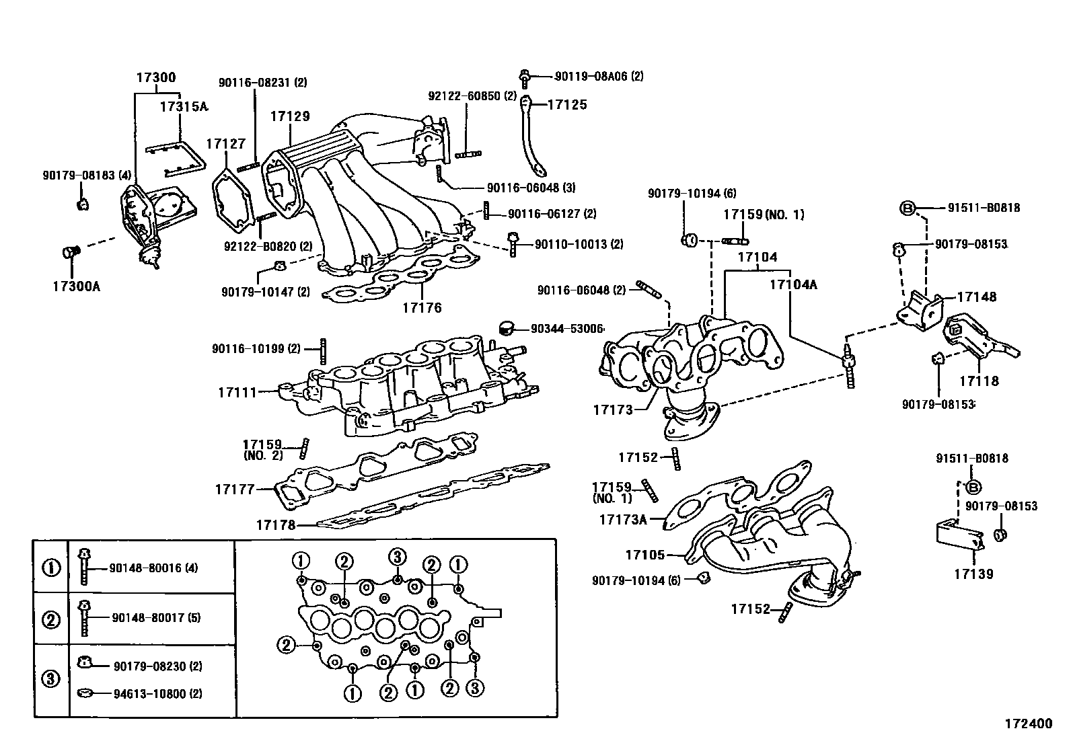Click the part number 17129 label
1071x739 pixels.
click(x=290, y=116)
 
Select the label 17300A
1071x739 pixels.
click(x=76, y=287)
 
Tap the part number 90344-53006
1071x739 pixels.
click(x=566, y=329)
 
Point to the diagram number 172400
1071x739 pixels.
click(x=1028, y=724)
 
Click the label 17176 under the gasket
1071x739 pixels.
click(x=422, y=308)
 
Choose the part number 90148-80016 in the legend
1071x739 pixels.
click(x=153, y=568)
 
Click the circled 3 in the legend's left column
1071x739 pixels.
click(x=51, y=678)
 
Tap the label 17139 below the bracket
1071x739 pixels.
click(x=973, y=574)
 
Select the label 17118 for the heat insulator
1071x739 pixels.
click(x=979, y=381)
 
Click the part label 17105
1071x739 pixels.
click(x=644, y=555)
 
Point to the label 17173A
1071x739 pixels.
click(x=622, y=519)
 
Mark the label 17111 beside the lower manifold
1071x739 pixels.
click(x=237, y=391)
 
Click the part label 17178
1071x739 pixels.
click(x=275, y=524)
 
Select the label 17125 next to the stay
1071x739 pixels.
click(x=567, y=105)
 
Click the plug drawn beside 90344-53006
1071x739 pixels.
click(x=506, y=328)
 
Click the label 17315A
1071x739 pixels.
click(x=184, y=106)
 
